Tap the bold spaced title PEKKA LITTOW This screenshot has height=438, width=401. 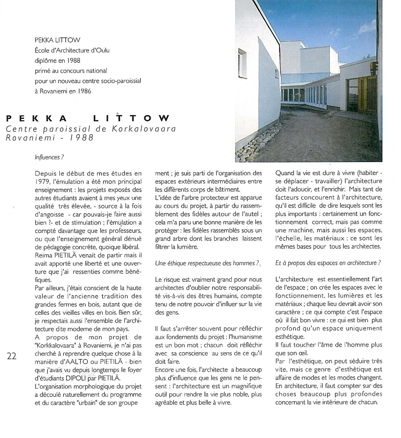(x=88, y=119)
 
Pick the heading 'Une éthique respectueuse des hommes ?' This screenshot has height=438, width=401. (x=207, y=263)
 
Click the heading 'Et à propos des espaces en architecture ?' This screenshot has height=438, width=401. (x=328, y=263)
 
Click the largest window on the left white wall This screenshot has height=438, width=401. (x=243, y=63)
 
